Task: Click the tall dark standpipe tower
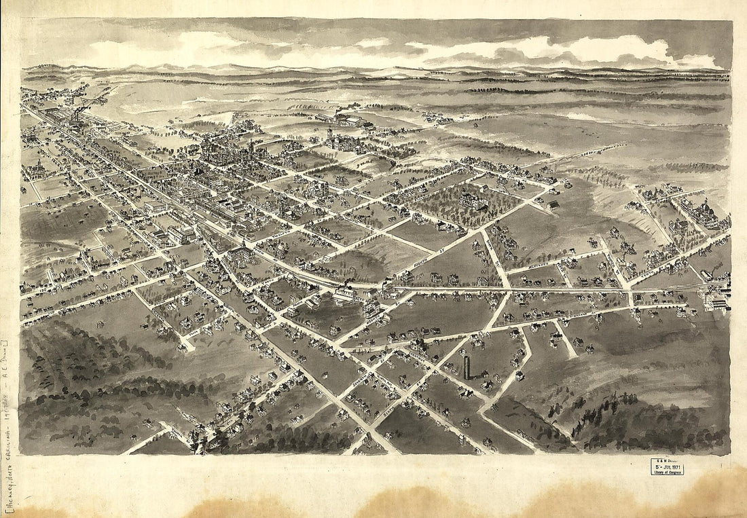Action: click(x=467, y=367)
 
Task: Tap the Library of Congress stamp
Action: click(x=667, y=471)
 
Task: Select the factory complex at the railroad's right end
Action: click(x=716, y=299)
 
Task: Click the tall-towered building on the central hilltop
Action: click(x=331, y=139)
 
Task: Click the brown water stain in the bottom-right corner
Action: click(x=713, y=492)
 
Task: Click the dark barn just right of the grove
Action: click(x=555, y=204)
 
